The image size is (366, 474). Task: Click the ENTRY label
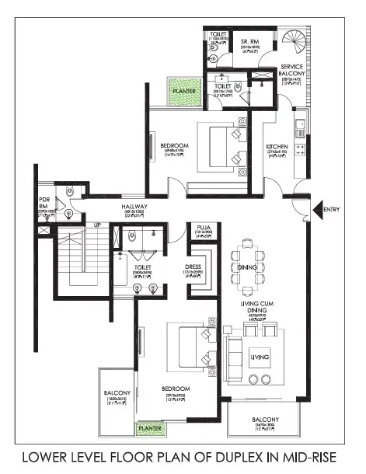tap(332, 209)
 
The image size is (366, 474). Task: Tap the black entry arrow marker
tap(317, 209)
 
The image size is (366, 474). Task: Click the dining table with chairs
tap(248, 267)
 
